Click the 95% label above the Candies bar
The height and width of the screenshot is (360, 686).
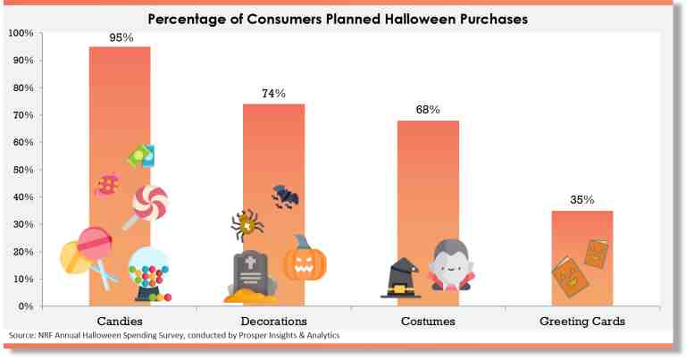[x=121, y=38]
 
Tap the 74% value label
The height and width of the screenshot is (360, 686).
[x=273, y=93]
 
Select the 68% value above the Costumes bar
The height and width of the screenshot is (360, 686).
[x=428, y=109]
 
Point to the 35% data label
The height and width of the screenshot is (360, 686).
[x=581, y=200]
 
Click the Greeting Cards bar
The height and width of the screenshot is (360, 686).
[x=581, y=258]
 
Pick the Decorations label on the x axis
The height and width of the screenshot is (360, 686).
[x=274, y=321]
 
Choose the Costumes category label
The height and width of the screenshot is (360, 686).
[x=428, y=321]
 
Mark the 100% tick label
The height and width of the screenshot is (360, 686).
[x=21, y=33]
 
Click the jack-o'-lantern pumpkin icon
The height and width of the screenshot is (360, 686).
[x=305, y=259]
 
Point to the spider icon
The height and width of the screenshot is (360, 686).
[x=247, y=225]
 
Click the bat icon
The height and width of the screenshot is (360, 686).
[x=285, y=197]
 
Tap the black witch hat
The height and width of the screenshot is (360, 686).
[x=401, y=278]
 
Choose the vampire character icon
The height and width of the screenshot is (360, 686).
[x=450, y=265]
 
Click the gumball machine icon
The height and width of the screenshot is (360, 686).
[x=149, y=275]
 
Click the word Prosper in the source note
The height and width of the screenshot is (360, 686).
[x=252, y=336]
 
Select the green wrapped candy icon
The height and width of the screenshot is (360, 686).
[x=141, y=156]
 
